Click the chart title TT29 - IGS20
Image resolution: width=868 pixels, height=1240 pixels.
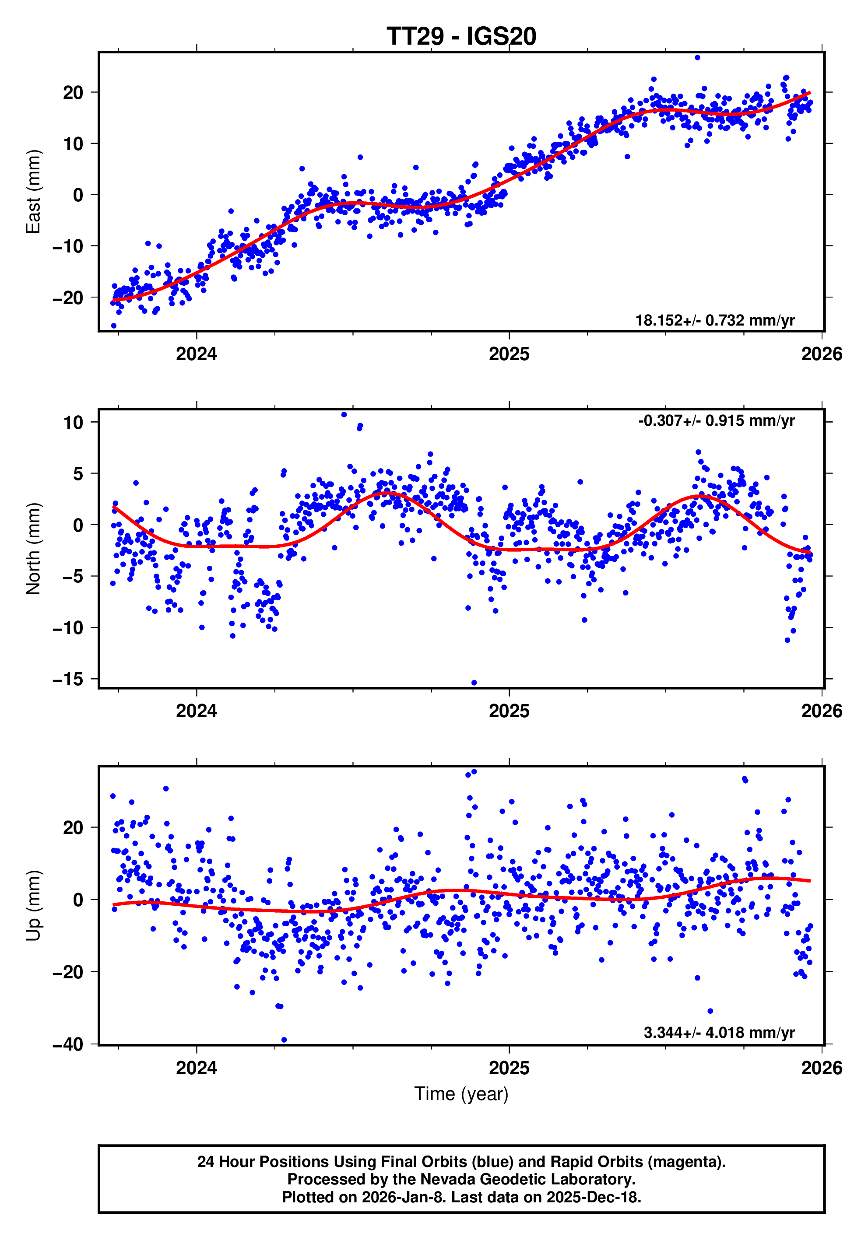pos(461,36)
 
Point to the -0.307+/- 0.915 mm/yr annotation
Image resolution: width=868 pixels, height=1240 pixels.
pos(716,421)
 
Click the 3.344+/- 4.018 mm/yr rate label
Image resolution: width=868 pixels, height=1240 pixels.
pos(718,1033)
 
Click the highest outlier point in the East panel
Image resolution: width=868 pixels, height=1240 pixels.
pos(697,57)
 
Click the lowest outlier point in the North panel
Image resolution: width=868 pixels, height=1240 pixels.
pos(474,683)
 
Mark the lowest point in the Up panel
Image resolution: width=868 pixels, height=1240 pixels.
pos(284,1040)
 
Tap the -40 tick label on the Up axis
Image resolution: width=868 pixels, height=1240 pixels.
pos(68,1044)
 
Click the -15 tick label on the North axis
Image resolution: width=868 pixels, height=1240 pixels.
pos(68,679)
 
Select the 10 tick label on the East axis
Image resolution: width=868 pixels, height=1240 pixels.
pos(73,144)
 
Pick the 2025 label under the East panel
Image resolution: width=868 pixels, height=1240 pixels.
pos(509,354)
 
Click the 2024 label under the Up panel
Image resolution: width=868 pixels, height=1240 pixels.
pos(196,1068)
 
